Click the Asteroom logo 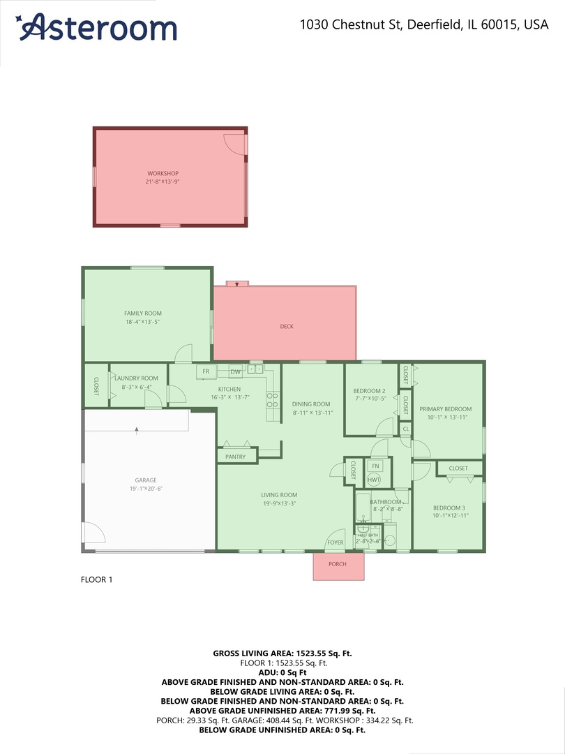pyautogui.click(x=98, y=27)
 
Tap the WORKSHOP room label pyautogui.click(x=163, y=173)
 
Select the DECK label pyautogui.click(x=287, y=326)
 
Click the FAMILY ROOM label pyautogui.click(x=143, y=313)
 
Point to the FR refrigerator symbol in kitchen pyautogui.click(x=206, y=371)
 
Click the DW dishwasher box pyautogui.click(x=236, y=371)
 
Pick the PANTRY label pyautogui.click(x=236, y=457)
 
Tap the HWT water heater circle pyautogui.click(x=374, y=480)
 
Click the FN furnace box pyautogui.click(x=375, y=466)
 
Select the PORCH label pyautogui.click(x=338, y=564)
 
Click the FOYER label pyautogui.click(x=336, y=542)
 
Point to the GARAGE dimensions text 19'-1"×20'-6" pyautogui.click(x=146, y=489)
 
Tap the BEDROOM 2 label pyautogui.click(x=369, y=391)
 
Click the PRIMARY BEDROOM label pyautogui.click(x=445, y=409)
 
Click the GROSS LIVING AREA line pyautogui.click(x=282, y=653)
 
